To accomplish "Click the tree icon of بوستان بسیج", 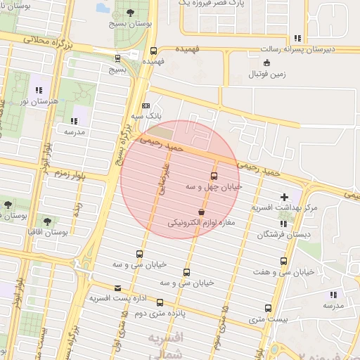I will tap(131, 13).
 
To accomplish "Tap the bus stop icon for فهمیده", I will tap(153, 51).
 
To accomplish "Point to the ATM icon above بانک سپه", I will tap(146, 105).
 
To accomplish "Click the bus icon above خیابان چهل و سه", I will tap(214, 176).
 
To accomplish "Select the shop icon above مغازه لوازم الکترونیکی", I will tap(202, 212).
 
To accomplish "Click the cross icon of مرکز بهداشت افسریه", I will tap(284, 197).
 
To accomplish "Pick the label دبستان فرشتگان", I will tap(284, 234).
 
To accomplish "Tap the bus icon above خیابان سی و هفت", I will tap(283, 261).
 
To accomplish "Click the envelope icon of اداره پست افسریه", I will tap(117, 288).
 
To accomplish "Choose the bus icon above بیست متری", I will tap(268, 308).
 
